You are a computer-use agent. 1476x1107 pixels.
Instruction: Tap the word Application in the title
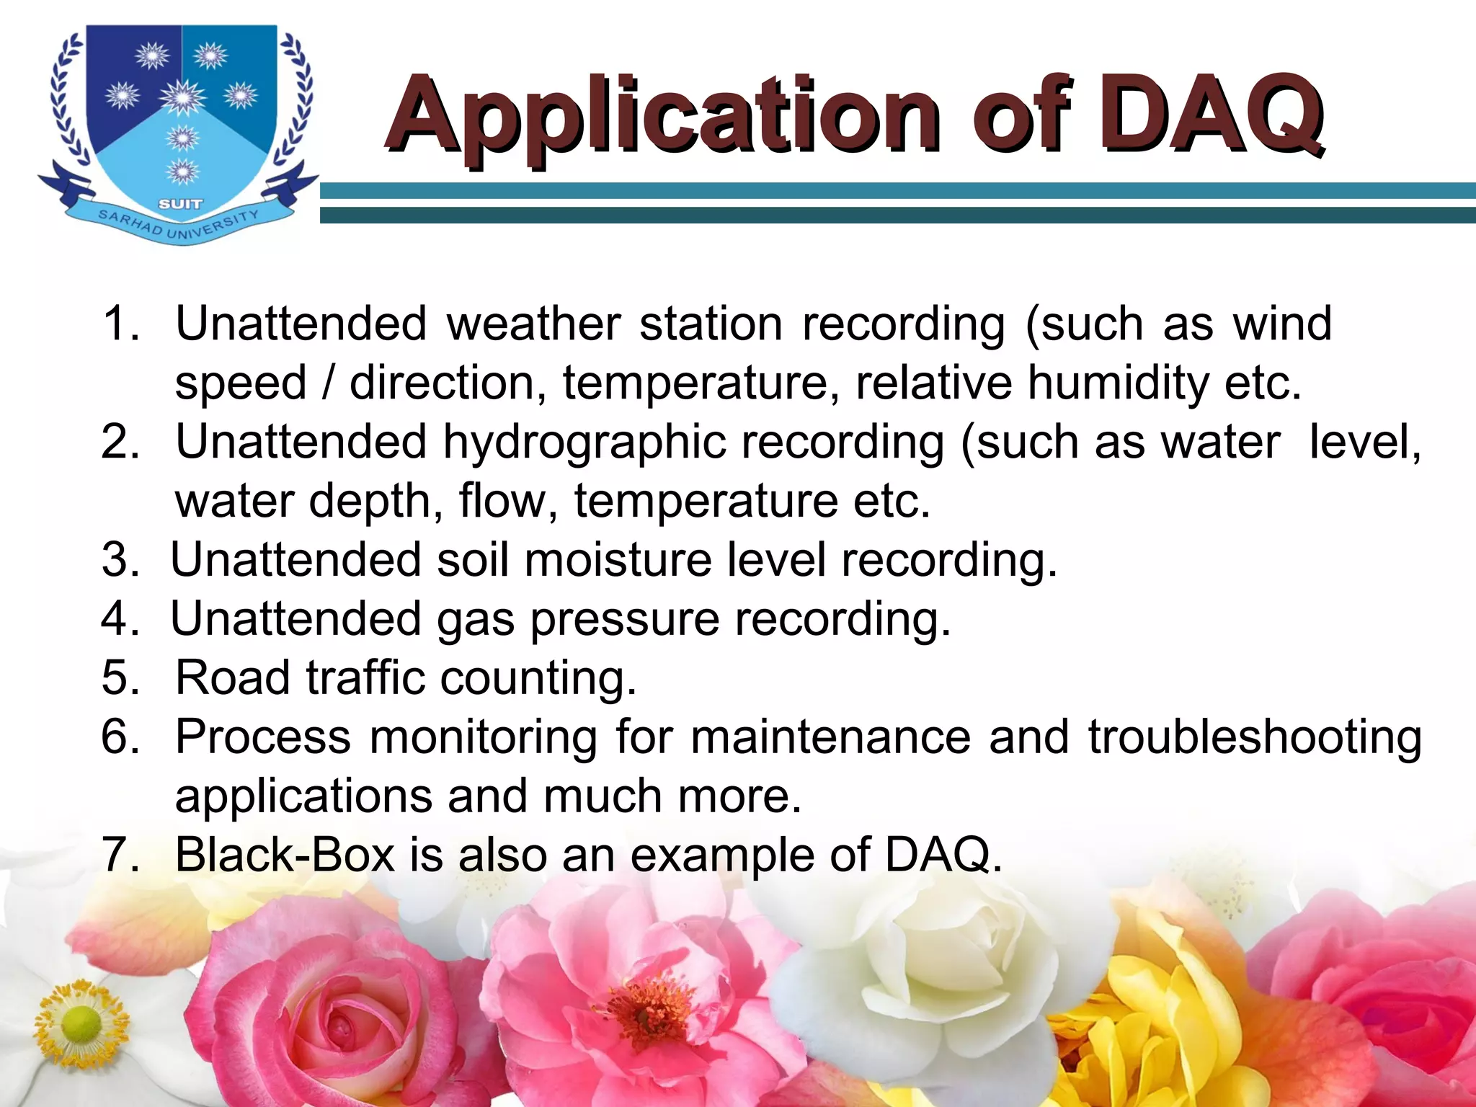663,117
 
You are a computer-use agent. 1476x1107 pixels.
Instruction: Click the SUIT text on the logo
180,204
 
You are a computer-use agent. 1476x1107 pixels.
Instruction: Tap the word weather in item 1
533,324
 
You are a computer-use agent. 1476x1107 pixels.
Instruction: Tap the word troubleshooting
1255,737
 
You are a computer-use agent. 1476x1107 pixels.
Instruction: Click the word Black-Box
285,855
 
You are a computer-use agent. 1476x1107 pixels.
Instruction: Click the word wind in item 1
1282,324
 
